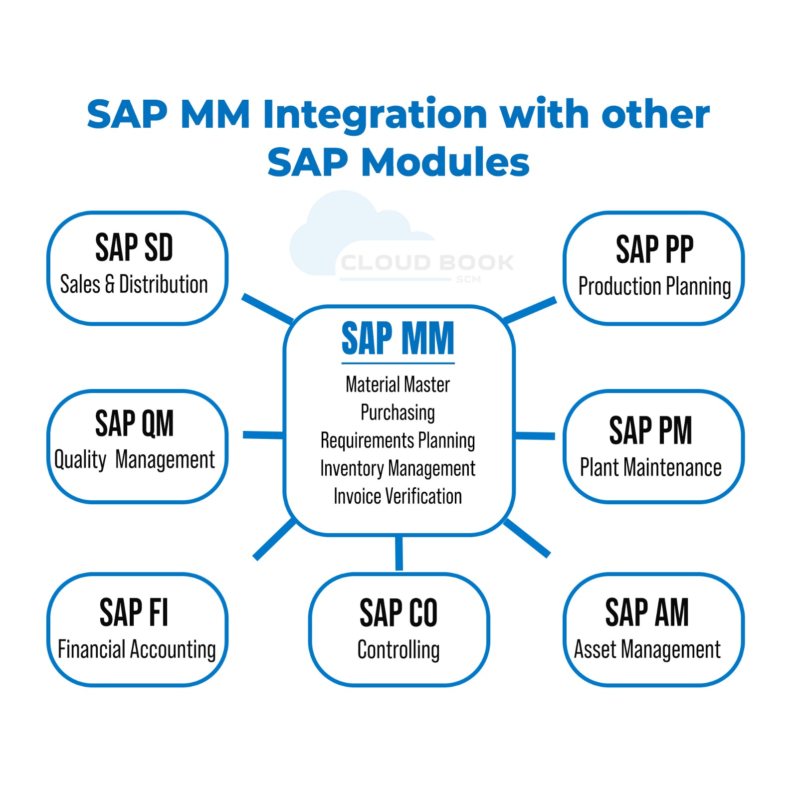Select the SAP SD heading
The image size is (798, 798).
[x=134, y=247]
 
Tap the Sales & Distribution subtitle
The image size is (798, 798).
[x=134, y=284]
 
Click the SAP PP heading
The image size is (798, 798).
[x=654, y=249]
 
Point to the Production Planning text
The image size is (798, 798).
[x=654, y=287]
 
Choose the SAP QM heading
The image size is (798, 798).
[x=134, y=423]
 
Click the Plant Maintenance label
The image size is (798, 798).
[x=650, y=468]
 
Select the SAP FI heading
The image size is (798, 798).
[x=134, y=612]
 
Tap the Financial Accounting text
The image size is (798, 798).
[x=137, y=650]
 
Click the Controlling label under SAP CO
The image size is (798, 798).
[x=399, y=650]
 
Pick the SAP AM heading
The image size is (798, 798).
[x=647, y=612]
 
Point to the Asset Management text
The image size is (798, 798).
[x=647, y=650]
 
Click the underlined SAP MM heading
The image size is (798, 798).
[x=398, y=339]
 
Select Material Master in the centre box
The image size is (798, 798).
[x=398, y=385]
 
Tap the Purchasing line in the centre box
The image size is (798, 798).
[x=398, y=413]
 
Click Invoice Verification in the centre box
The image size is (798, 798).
[x=398, y=496]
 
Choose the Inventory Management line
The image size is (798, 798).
[x=398, y=469]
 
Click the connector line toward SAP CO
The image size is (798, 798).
[x=399, y=553]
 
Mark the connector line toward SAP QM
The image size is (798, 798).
[x=263, y=435]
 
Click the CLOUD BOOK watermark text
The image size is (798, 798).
[x=427, y=262]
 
